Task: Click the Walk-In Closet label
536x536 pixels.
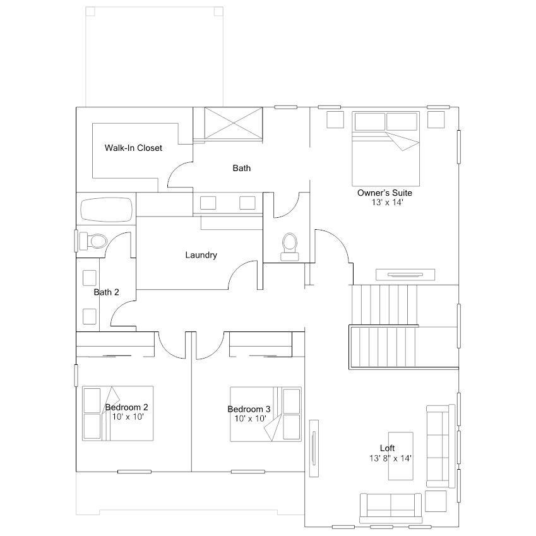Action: coord(133,148)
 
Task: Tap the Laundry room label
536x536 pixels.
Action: coord(201,255)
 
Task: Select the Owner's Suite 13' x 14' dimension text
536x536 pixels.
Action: coord(387,203)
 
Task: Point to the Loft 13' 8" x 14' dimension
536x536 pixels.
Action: coord(390,458)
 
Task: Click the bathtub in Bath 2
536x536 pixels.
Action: coord(106,210)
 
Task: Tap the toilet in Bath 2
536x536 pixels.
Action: coord(93,241)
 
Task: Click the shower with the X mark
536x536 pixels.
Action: coord(234,123)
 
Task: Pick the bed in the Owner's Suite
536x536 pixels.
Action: coord(386,149)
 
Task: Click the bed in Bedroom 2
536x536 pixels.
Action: coord(117,414)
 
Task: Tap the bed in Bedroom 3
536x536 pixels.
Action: coord(266,414)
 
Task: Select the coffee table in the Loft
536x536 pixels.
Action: coord(401,456)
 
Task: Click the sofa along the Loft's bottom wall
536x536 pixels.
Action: coord(391,508)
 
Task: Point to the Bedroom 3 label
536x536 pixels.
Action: coord(249,409)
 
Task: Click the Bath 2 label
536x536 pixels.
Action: coord(106,292)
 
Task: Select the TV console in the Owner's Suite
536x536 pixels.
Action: coord(405,275)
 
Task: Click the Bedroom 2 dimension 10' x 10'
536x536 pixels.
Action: coord(128,417)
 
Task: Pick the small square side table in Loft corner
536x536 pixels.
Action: coord(436,501)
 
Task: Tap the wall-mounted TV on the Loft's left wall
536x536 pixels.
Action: coord(314,448)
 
